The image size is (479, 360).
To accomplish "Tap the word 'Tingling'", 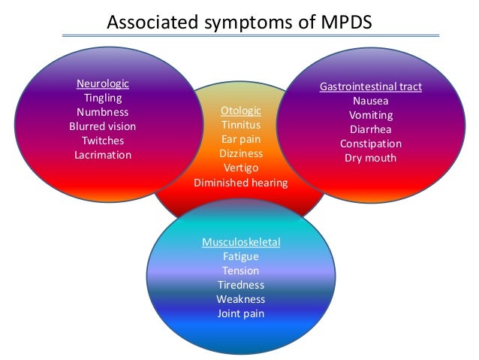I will [x=103, y=98].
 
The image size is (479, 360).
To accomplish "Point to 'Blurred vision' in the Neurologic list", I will [x=103, y=126].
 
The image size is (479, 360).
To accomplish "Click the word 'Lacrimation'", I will [x=103, y=155].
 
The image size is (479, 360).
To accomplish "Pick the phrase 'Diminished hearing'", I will [x=241, y=182].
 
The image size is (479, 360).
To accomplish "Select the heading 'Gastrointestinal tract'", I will [x=370, y=87].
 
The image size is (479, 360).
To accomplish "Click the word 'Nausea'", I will [x=370, y=101].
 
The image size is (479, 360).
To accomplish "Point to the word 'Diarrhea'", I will [x=370, y=130].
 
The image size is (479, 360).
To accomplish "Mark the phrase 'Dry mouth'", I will [x=370, y=159].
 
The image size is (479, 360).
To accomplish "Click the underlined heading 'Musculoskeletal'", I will [x=241, y=243].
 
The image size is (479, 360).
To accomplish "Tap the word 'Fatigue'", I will [x=241, y=257].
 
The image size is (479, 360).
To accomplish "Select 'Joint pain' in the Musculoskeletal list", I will [x=241, y=313].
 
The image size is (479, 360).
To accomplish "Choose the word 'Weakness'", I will [x=241, y=299].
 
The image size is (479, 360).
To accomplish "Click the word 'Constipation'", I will [x=370, y=144].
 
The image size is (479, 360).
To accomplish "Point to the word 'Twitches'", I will [x=103, y=141].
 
